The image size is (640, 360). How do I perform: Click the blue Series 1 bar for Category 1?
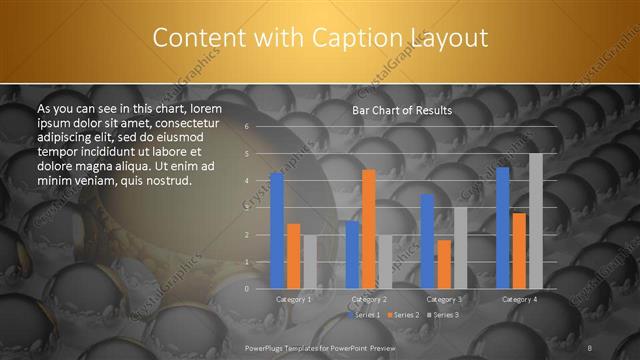click(x=277, y=231)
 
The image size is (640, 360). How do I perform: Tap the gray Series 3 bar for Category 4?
click(x=536, y=221)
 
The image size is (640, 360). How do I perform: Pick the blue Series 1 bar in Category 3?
click(x=428, y=241)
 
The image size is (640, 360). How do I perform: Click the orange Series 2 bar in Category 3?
click(x=444, y=264)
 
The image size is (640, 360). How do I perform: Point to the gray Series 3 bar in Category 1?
click(x=309, y=262)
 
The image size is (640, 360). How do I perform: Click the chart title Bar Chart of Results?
click(x=402, y=110)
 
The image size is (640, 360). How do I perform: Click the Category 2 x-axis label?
click(x=370, y=299)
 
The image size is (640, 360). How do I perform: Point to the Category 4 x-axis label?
click(x=519, y=299)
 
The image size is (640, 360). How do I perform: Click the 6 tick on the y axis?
click(x=247, y=127)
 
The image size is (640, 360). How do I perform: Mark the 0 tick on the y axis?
click(x=247, y=288)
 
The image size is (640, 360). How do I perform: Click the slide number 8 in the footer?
click(x=590, y=346)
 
